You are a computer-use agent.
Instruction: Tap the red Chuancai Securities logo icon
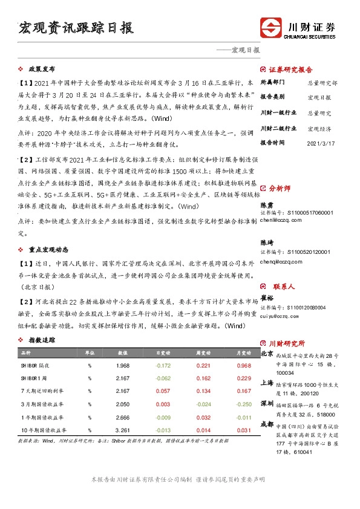[270, 28]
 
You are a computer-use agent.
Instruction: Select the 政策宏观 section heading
[42, 70]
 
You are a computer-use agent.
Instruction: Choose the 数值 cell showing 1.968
[123, 366]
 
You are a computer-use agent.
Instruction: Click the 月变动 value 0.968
[243, 366]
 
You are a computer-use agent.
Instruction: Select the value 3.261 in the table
[123, 430]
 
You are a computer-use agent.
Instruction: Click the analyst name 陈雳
[266, 205]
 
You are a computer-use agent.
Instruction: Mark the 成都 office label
[266, 425]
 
